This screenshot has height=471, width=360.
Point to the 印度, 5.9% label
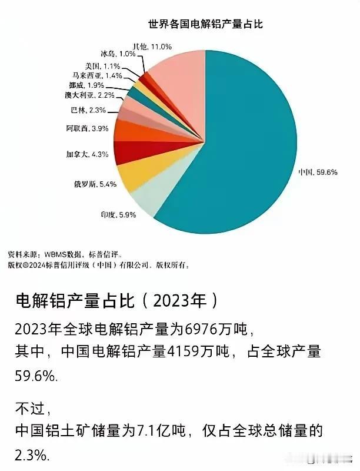(120, 215)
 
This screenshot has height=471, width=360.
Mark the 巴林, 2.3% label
(89, 109)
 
